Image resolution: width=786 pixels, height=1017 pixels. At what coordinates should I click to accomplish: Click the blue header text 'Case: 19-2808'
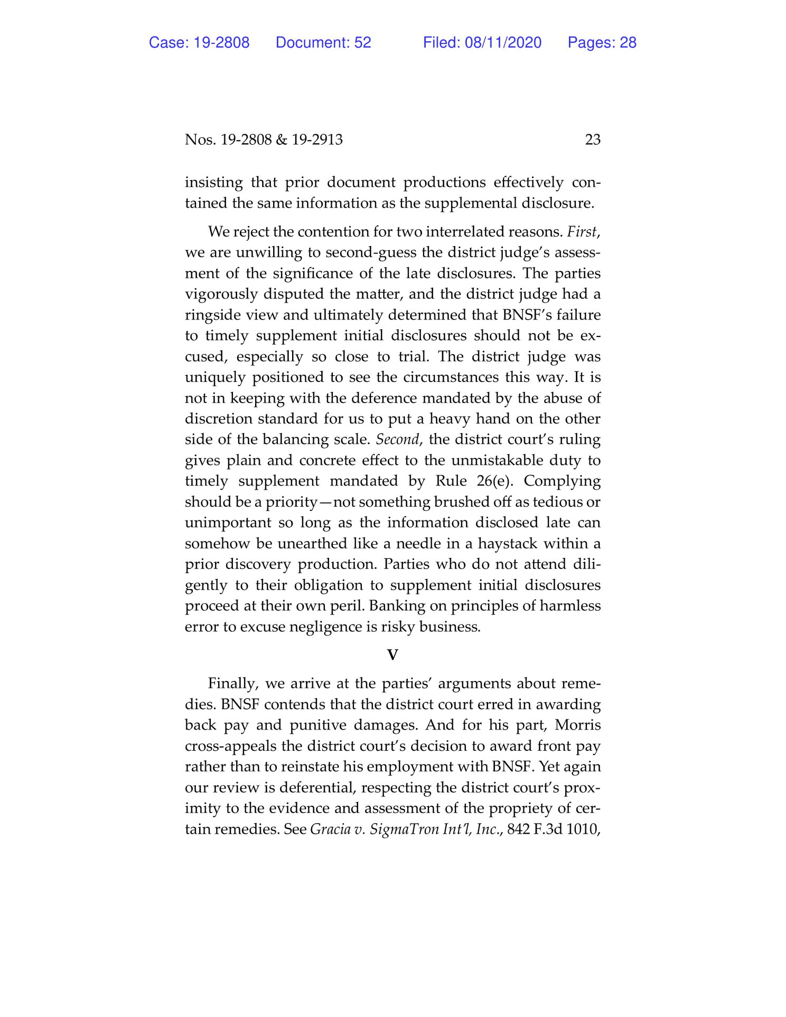tap(199, 43)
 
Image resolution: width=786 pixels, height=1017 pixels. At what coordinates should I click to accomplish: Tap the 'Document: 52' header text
tap(323, 43)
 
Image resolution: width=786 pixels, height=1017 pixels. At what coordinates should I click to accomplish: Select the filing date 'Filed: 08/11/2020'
tap(482, 43)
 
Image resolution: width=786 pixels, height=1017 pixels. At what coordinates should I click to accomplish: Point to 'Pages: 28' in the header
tap(602, 43)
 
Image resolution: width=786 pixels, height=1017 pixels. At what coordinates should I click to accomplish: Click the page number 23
tap(593, 139)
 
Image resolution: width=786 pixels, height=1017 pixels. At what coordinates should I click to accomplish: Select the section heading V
tap(392, 655)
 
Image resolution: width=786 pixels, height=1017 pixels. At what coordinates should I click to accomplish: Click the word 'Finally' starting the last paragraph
tap(232, 684)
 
